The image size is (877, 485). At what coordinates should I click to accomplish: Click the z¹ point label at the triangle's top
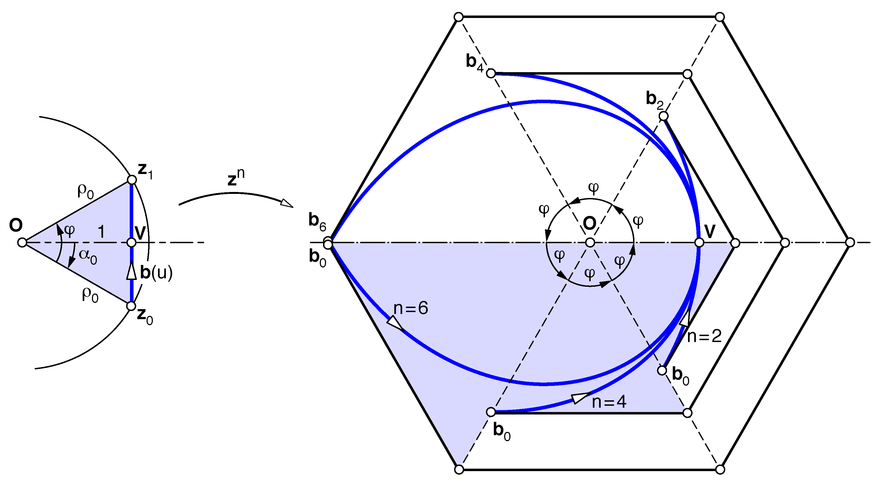pos(145,171)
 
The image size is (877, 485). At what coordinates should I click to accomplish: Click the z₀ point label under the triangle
pos(145,316)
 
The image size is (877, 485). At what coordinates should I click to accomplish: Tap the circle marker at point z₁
pos(132,180)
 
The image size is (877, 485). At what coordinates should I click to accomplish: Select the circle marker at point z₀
pos(131,306)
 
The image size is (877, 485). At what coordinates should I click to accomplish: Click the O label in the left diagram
pos(16,225)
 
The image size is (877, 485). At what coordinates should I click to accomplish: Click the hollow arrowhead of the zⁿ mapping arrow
pos(287,203)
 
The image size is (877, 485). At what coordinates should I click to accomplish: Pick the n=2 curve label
pos(704,336)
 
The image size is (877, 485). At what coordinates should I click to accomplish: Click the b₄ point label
pos(475,62)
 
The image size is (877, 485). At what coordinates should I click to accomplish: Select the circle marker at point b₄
pos(491,73)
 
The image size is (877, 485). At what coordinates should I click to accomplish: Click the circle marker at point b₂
pos(664,116)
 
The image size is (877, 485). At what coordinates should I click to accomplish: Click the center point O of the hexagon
pos(590,243)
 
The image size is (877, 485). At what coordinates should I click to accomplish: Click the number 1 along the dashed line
pos(101,232)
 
